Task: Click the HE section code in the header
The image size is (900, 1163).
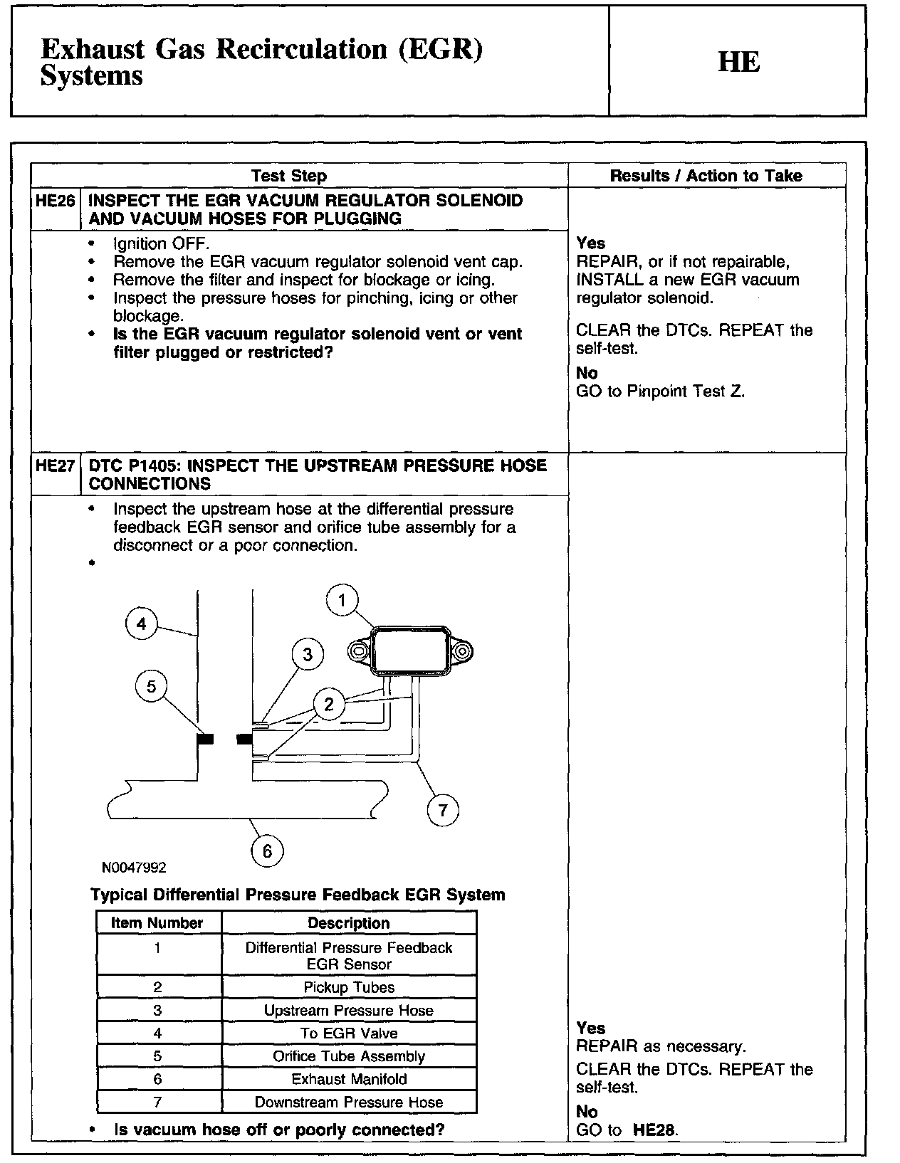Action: tap(738, 62)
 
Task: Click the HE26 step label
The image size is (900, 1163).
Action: tap(56, 201)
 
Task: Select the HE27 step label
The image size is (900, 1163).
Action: tap(56, 466)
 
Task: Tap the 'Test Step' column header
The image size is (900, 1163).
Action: tap(288, 176)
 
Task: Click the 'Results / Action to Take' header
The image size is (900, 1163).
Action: tap(706, 176)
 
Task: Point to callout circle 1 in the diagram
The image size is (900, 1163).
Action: tap(342, 601)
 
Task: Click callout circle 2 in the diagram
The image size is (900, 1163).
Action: tap(329, 705)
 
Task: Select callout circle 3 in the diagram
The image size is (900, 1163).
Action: tap(308, 654)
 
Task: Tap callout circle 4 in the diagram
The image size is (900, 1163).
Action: tap(142, 624)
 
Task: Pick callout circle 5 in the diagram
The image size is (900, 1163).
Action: tap(151, 686)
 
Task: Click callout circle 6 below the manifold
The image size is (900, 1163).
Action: tap(268, 851)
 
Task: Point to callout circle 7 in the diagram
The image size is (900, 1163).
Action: tap(443, 810)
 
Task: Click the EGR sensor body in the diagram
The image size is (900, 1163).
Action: tap(411, 650)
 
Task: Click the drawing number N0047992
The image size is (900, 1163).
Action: tap(134, 868)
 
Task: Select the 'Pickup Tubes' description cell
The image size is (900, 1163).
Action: tap(349, 987)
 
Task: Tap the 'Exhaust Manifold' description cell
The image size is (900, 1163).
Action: tap(349, 1079)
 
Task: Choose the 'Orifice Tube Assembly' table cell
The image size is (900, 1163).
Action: tap(349, 1056)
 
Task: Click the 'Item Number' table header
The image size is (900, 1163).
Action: tap(157, 923)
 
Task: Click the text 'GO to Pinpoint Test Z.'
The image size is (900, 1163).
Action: tap(660, 391)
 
